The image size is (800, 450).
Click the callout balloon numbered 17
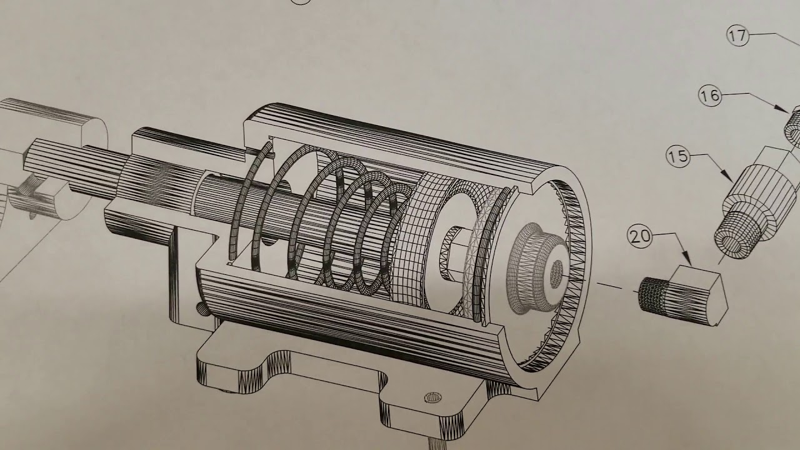coord(737,36)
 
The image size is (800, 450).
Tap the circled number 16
coord(709,96)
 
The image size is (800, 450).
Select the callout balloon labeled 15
coord(678,156)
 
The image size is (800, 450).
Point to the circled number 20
coord(639,237)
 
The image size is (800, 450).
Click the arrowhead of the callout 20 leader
coord(687,259)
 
